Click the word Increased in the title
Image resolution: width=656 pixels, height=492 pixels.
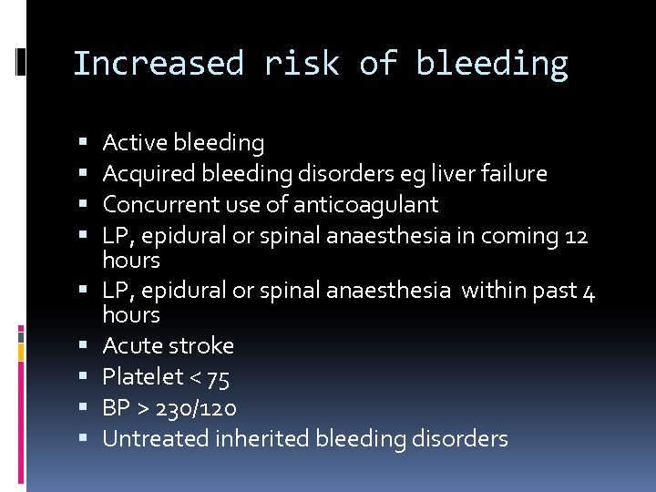point(158,64)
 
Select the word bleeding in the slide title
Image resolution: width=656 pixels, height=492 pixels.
point(492,64)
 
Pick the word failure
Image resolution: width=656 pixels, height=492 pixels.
point(516,173)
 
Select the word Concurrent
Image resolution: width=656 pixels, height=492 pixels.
point(155,204)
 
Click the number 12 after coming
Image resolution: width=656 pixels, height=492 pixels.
point(576,236)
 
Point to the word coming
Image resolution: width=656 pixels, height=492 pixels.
point(520,236)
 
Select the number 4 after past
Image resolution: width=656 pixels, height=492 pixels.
point(589,291)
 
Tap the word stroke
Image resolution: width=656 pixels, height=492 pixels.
point(203,346)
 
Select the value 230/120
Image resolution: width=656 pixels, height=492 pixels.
point(197,407)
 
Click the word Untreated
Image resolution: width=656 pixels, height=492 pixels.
point(155,438)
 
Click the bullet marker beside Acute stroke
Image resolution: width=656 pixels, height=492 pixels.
point(84,346)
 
